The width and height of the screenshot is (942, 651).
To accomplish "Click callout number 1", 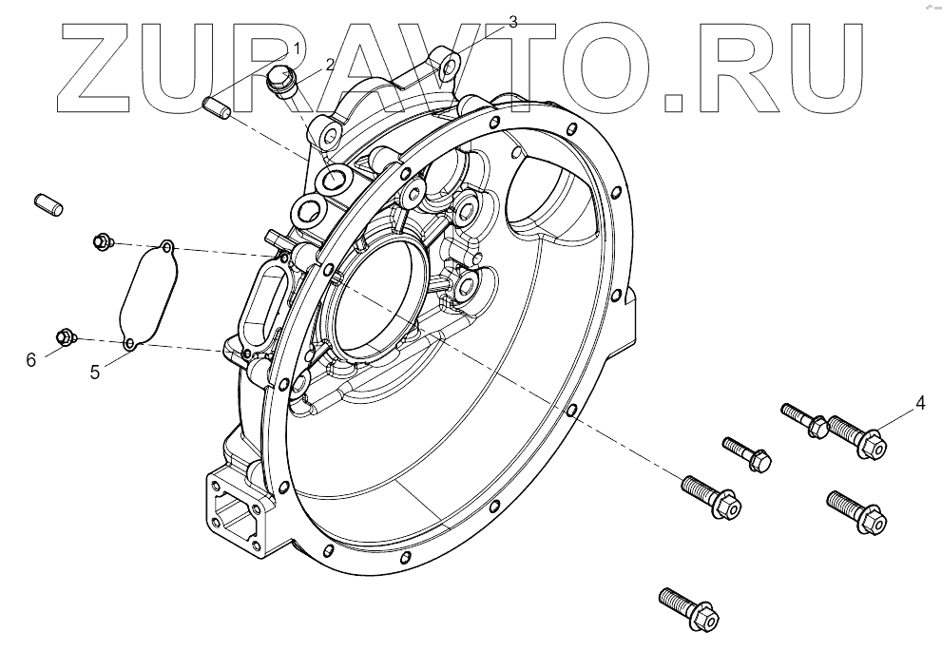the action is click(297, 48).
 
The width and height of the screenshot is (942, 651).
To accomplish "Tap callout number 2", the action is click(330, 65).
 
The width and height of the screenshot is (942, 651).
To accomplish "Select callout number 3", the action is click(513, 22).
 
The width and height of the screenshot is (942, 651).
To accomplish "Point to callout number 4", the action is click(919, 403).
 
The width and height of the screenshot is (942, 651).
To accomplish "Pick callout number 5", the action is click(95, 372).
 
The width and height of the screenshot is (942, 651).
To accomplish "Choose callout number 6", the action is click(30, 359).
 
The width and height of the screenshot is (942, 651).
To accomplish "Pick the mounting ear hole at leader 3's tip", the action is click(452, 64).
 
